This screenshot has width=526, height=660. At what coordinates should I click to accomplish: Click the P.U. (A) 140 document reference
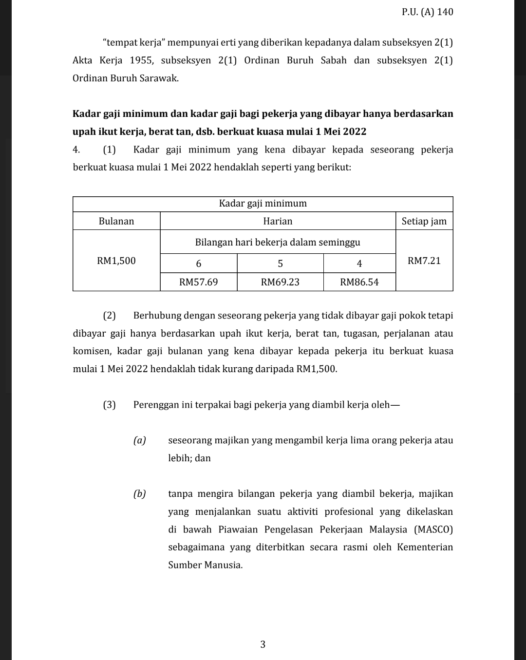pos(427,12)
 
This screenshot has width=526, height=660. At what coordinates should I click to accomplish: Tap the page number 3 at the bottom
pos(263,644)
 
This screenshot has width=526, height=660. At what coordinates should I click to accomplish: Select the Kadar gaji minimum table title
pos(263,204)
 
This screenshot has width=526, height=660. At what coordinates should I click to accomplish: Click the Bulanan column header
pos(116,221)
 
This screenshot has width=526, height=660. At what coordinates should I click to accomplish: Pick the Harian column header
pos(278,221)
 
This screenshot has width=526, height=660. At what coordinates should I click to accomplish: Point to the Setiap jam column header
pos(424,221)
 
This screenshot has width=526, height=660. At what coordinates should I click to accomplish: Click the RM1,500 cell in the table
pos(116,261)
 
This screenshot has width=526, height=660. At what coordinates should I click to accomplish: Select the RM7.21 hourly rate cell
pos(424,261)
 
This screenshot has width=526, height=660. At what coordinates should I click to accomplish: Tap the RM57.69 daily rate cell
pos(198,282)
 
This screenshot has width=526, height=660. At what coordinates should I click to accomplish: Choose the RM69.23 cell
pos(280,282)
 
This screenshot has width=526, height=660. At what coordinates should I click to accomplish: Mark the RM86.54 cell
pos(359,282)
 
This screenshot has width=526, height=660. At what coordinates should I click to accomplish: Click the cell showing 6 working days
pos(198,264)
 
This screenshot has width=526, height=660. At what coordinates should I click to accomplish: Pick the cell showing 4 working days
pos(359,264)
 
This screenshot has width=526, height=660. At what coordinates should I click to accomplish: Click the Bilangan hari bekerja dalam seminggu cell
pos(278,242)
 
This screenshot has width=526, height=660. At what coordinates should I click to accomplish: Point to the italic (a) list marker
pos(140,440)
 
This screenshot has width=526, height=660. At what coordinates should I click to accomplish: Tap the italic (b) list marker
pos(140,494)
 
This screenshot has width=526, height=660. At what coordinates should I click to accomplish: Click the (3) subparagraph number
pos(110,405)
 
